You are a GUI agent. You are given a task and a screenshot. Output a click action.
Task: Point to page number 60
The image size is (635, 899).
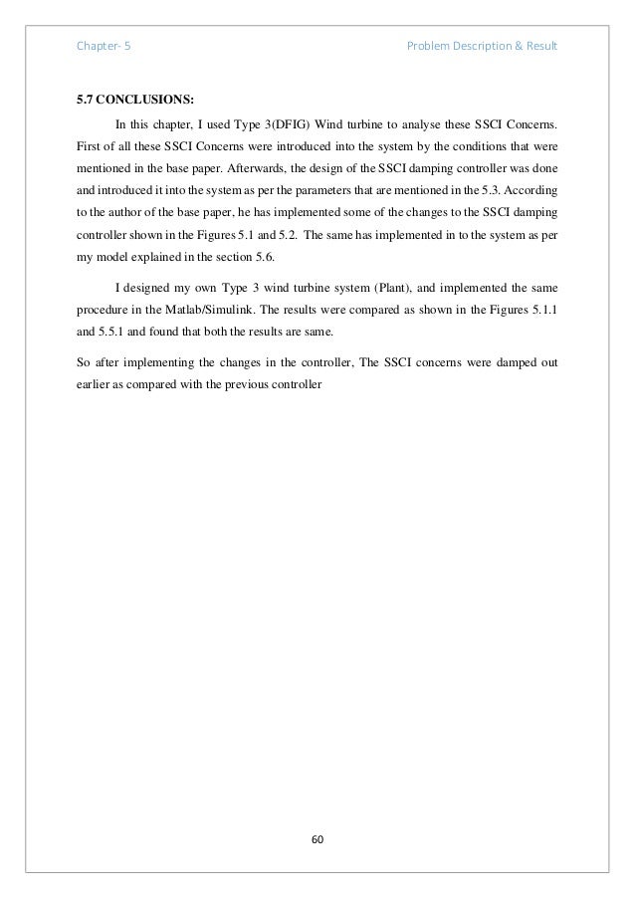[317, 839]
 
